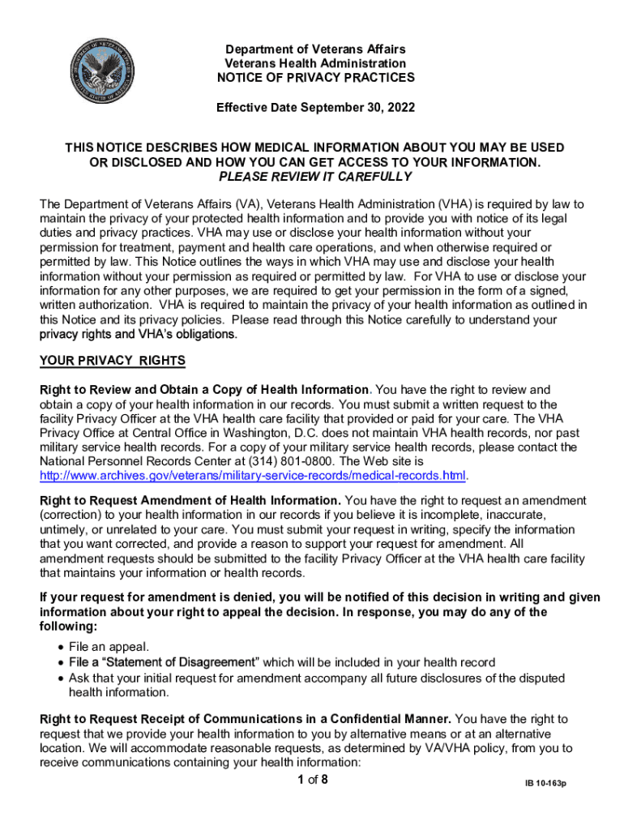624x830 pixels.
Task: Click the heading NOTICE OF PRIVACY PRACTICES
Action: click(315, 78)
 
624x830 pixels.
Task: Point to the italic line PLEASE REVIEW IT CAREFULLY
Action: click(315, 177)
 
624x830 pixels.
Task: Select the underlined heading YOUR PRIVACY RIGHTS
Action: click(113, 360)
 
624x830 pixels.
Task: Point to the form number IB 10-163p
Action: click(544, 785)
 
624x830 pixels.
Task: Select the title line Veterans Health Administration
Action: click(315, 63)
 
